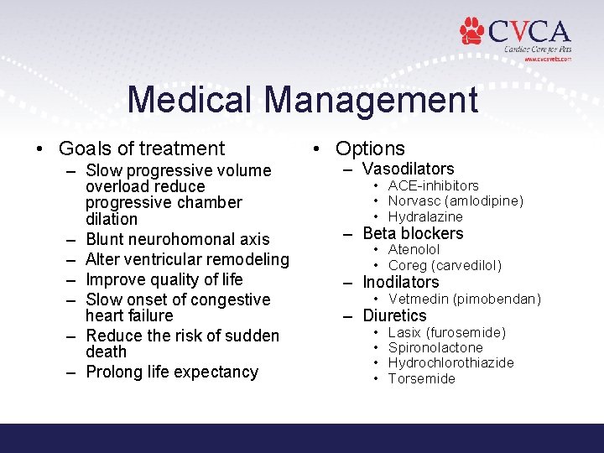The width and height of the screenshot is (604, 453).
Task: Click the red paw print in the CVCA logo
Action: point(473,31)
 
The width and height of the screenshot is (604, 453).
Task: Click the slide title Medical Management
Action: point(302,100)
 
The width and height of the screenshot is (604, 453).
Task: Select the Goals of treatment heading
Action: point(141,148)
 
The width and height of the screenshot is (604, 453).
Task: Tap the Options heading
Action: point(370,148)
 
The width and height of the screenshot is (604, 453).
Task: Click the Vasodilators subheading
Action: point(408,169)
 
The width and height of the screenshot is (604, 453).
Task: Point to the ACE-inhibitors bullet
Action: point(433,185)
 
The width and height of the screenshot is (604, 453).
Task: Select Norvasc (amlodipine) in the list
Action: point(456,201)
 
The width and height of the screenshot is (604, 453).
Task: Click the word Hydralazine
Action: point(425,217)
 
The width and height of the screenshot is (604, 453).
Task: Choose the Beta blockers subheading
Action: point(413,233)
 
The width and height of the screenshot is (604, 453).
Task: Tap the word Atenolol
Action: point(414,250)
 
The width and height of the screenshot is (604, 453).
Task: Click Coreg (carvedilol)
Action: point(445,266)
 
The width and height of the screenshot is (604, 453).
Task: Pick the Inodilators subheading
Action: point(400,282)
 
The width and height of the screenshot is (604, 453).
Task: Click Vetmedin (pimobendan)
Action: point(465,299)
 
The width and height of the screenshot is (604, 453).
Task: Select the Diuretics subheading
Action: point(394,315)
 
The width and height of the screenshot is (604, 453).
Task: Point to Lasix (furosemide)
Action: point(447,333)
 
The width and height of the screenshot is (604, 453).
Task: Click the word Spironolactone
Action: point(435,347)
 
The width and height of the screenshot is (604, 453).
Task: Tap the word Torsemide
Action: point(422,378)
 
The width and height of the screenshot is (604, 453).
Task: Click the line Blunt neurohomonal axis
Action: point(178,240)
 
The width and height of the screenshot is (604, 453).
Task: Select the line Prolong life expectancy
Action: point(172,372)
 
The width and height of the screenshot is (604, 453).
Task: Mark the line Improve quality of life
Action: point(164,279)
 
